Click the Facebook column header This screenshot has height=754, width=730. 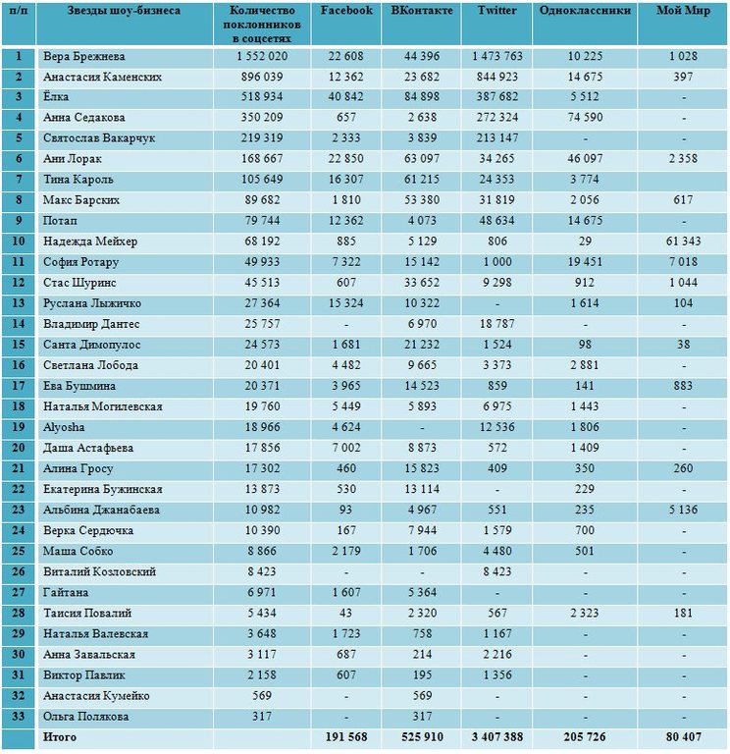[346, 10]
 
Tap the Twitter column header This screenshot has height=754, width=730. [496, 10]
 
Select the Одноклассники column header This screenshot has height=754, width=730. [585, 10]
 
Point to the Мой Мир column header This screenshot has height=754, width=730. [683, 10]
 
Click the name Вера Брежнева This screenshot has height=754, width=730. [84, 56]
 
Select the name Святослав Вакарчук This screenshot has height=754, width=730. [99, 138]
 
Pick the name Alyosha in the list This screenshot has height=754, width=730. [64, 427]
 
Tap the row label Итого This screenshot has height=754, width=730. [60, 736]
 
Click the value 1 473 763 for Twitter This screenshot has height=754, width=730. [496, 56]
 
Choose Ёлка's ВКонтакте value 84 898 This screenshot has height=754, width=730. [422, 96]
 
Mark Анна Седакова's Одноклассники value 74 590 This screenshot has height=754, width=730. [585, 118]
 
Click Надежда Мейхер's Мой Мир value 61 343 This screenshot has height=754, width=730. [683, 242]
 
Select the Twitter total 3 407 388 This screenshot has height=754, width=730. [496, 736]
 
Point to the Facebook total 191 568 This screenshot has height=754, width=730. [346, 736]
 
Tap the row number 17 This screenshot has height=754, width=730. [19, 386]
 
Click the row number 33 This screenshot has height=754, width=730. [19, 716]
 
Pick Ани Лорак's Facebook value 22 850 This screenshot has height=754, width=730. [346, 159]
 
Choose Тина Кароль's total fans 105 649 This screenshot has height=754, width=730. [262, 180]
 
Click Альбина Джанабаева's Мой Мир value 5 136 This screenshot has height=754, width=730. [683, 510]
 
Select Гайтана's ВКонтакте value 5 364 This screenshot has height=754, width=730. [422, 592]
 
